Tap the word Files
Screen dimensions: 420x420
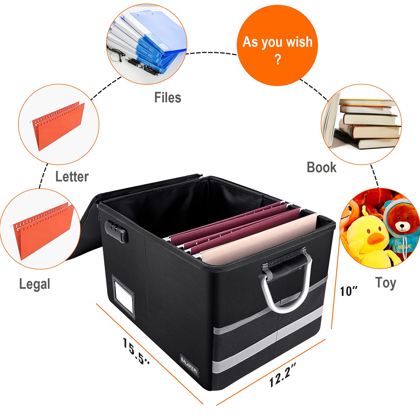click(168, 98)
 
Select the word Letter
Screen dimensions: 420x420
click(72, 177)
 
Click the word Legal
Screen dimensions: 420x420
click(35, 284)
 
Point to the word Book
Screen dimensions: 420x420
click(322, 167)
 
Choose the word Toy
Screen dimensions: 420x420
click(386, 283)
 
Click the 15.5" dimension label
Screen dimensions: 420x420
click(136, 351)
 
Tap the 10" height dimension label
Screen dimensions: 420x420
click(349, 291)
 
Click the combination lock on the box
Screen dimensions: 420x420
click(117, 231)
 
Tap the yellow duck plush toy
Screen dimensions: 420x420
click(367, 236)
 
